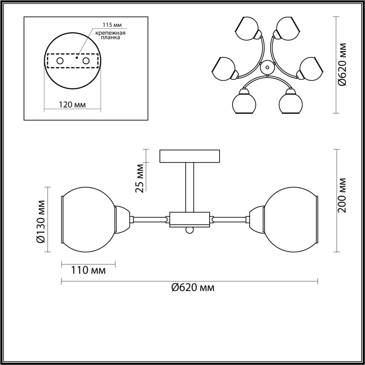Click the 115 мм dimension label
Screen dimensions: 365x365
point(112,25)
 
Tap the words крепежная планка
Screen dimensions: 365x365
point(110,35)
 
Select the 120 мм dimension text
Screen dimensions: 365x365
point(72,105)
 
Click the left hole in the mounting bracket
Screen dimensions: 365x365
point(60,61)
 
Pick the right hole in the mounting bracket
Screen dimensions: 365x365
point(86,61)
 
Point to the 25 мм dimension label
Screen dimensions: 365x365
point(139,179)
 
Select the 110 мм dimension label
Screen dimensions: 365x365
point(88,270)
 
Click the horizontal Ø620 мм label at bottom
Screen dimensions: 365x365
point(193,293)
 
